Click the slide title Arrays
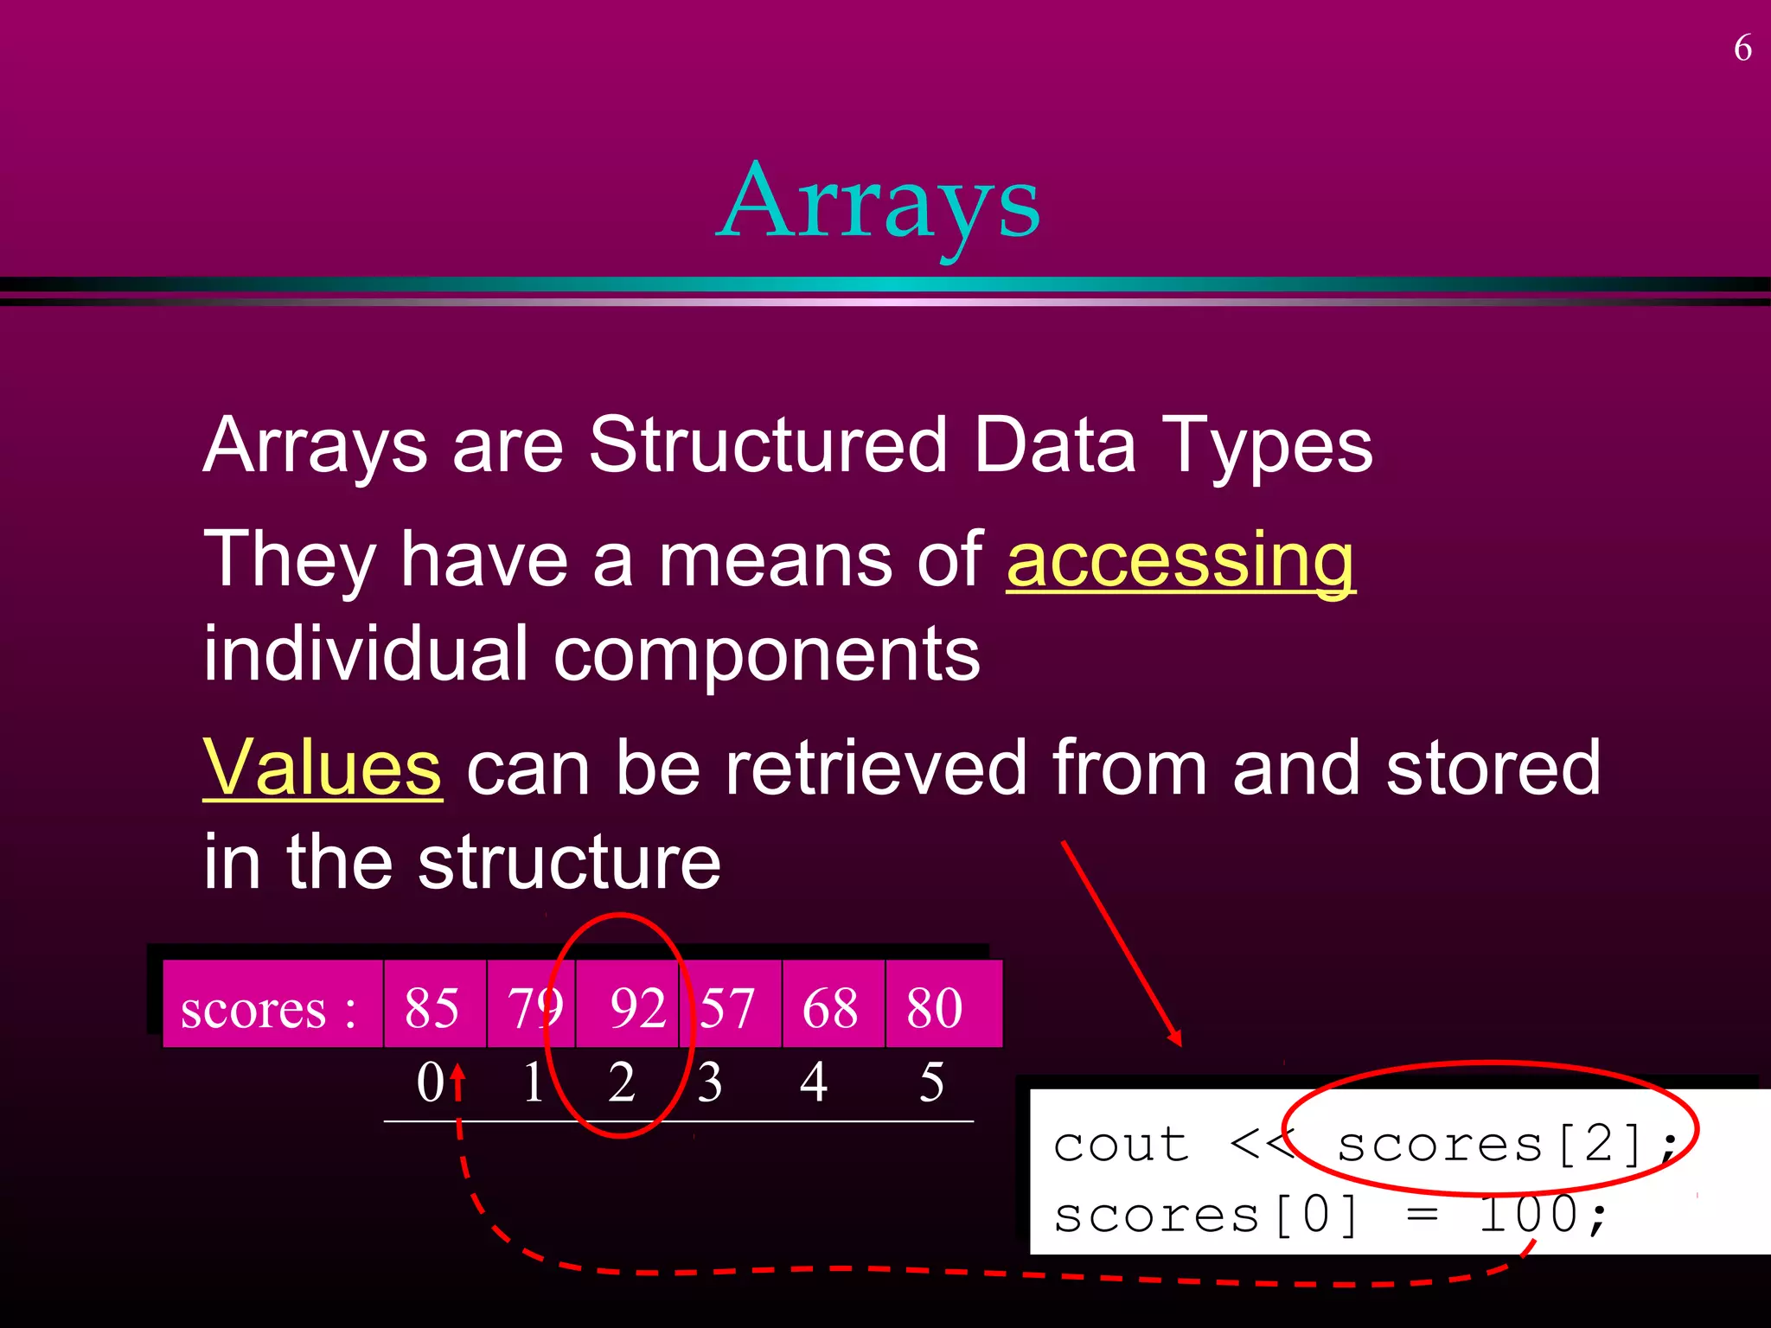879,203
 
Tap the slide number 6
1742,48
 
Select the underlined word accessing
1181,559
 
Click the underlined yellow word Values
323,767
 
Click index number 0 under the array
430,1082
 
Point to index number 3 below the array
709,1082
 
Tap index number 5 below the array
931,1082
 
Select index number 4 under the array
813,1082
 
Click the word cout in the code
1121,1146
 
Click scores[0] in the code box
1206,1215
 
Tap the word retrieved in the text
875,767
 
